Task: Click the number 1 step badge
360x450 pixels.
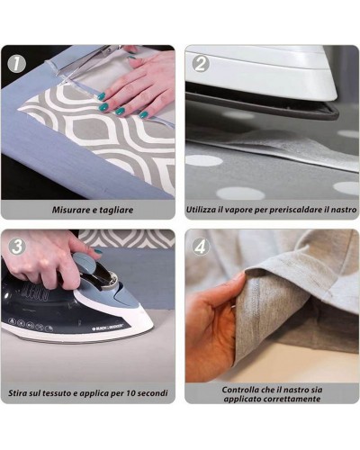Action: pyautogui.click(x=17, y=64)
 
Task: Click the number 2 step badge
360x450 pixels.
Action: pyautogui.click(x=201, y=64)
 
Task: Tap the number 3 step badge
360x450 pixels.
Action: pyautogui.click(x=17, y=247)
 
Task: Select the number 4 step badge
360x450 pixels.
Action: pyautogui.click(x=201, y=247)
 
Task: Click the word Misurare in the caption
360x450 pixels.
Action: pyautogui.click(x=71, y=210)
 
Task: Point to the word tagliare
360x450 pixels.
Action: pyautogui.click(x=115, y=210)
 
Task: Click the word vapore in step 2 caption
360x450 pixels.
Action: pyautogui.click(x=239, y=210)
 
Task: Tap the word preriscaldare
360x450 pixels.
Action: pyautogui.click(x=294, y=210)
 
